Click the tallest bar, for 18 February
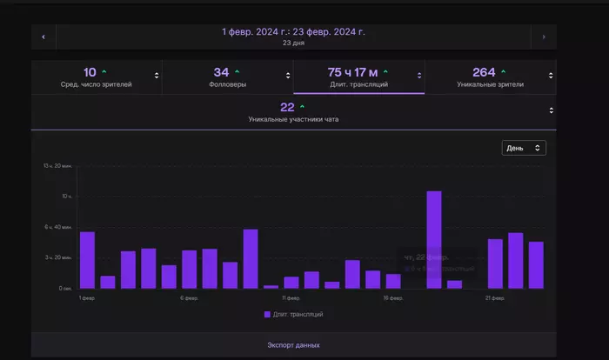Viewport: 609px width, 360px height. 433,239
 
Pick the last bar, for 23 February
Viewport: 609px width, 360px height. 536,264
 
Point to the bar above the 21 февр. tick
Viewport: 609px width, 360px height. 495,263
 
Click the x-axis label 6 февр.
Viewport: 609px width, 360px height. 189,297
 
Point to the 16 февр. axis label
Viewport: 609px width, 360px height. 393,297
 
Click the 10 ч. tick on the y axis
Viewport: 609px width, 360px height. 67,197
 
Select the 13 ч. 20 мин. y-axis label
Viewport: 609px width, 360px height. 57,165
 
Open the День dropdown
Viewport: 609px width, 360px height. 524,148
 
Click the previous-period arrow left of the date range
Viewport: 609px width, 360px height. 43,37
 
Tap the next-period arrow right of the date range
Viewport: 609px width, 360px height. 544,37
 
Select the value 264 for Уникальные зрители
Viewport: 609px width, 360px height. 484,72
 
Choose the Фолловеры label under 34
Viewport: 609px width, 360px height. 227,84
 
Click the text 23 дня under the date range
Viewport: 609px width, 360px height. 292,43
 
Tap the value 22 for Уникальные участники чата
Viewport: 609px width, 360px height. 287,107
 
